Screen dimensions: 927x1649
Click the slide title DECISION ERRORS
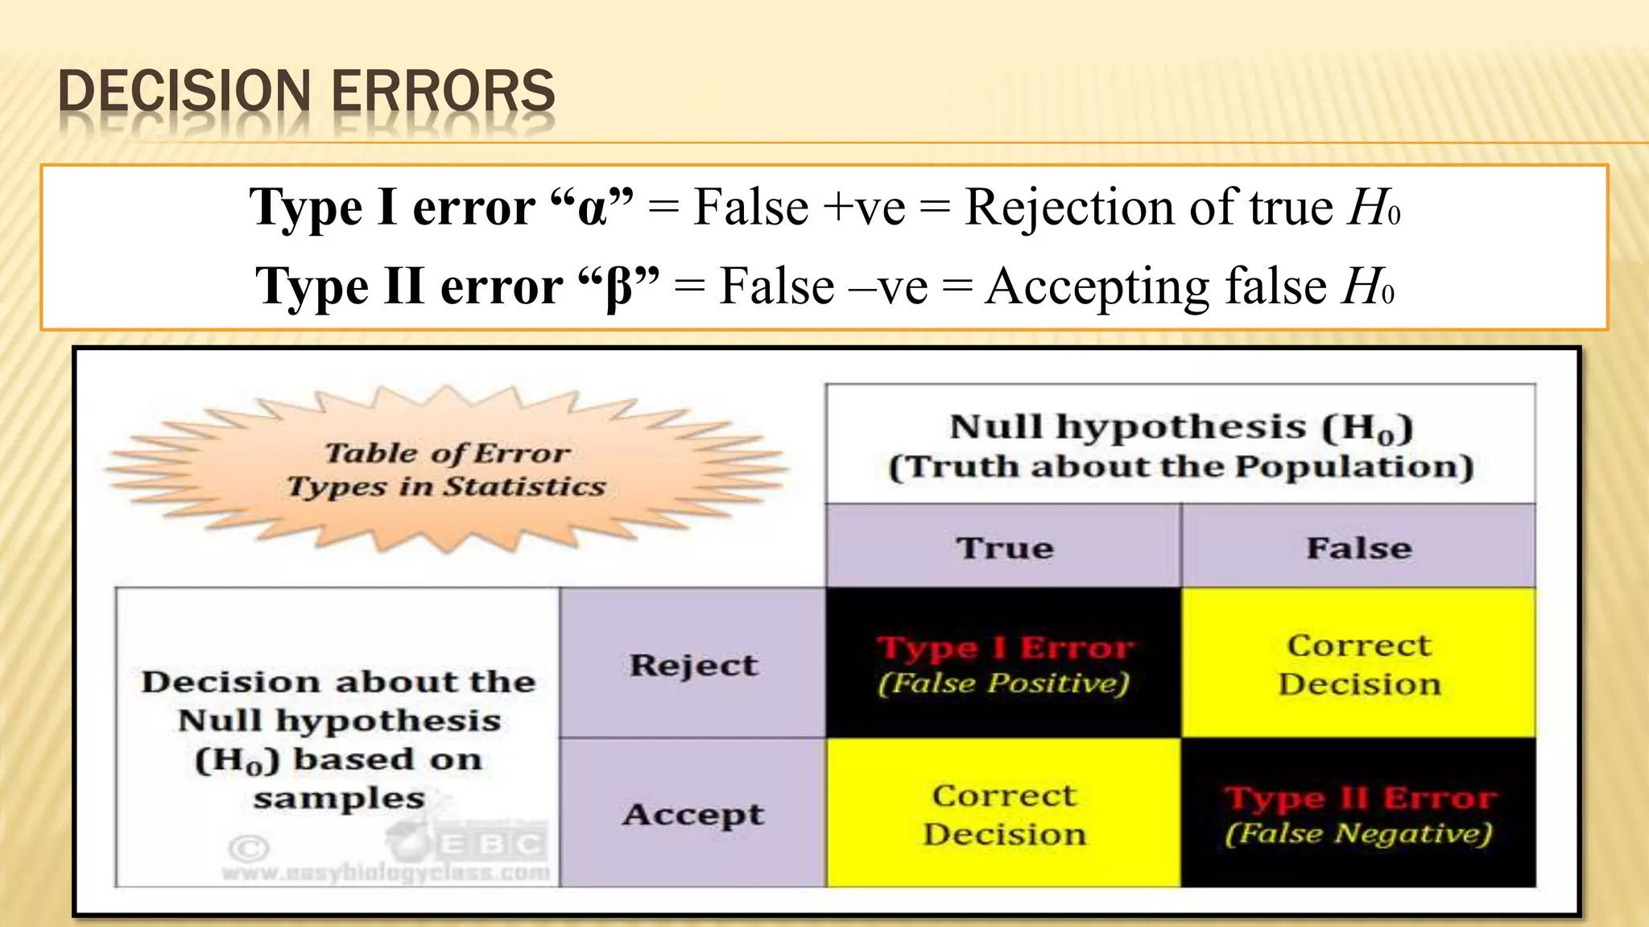307,91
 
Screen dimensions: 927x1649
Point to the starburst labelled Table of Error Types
447,470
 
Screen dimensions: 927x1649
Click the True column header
1004,548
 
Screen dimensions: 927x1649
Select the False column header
1358,548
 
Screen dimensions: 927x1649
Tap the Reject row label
693,665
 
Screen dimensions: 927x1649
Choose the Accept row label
693,814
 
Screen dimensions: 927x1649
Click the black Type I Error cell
1004,663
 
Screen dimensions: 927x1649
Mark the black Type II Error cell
1358,813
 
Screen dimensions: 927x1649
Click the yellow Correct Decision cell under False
1358,663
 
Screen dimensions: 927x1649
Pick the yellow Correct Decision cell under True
1004,813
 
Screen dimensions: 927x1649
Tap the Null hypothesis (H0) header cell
1180,445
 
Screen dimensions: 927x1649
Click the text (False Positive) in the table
1004,683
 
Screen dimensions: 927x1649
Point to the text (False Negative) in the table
1358,833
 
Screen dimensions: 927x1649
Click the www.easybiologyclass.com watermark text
386,872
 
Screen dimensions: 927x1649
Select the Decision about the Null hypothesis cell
338,739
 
